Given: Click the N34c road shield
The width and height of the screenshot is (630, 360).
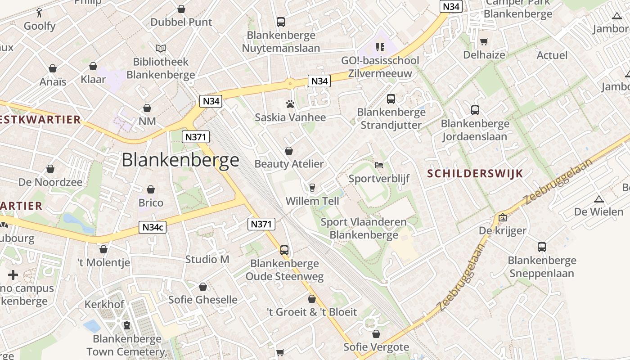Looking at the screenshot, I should tap(153, 227).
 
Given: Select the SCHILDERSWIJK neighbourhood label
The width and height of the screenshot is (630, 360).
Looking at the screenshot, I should tap(475, 174).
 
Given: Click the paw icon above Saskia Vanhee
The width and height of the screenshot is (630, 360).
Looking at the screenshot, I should tap(290, 104).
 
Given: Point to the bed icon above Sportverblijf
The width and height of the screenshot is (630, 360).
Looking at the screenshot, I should tap(379, 165).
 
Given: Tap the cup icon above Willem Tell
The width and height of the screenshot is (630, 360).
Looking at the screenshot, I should tap(312, 187).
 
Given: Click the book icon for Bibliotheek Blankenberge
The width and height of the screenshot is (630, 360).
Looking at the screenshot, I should tap(161, 48).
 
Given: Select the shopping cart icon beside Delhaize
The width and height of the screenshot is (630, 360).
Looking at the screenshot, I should tap(484, 42).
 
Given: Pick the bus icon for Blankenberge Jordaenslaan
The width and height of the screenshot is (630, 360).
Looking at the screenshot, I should tap(475, 110).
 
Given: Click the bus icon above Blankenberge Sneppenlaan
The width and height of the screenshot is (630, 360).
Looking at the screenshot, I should tap(542, 247).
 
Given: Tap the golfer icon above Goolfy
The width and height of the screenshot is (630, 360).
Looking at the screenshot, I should tap(40, 13).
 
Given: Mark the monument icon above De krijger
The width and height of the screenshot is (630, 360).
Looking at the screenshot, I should tap(503, 217).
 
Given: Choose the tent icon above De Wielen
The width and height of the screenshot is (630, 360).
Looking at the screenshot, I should tap(599, 199).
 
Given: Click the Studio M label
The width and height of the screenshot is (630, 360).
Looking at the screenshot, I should tap(207, 259).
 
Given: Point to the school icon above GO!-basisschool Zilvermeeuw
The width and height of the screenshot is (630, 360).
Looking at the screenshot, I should tap(380, 47).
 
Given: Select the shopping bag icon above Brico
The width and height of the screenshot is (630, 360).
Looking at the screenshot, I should tap(151, 189).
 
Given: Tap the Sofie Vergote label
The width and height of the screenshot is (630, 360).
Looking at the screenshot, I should tap(376, 347).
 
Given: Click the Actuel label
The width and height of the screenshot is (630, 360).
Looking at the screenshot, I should tap(552, 55).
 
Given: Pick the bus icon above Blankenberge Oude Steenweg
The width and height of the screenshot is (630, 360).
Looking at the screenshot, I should tap(284, 250).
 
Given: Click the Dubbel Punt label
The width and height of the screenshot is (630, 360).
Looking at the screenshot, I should tap(181, 22).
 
